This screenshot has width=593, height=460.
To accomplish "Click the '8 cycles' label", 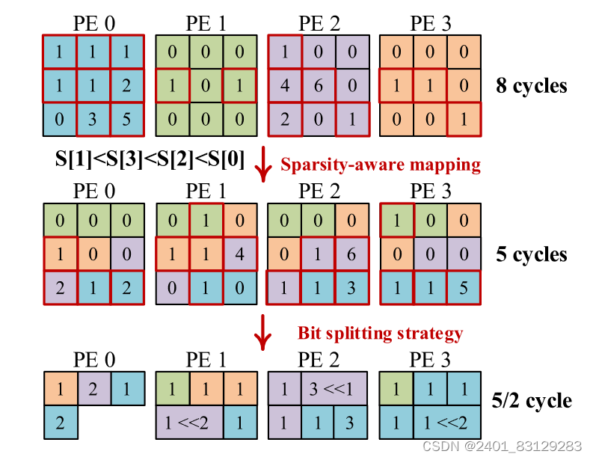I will tap(532, 85).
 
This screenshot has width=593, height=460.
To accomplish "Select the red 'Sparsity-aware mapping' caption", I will tap(381, 165).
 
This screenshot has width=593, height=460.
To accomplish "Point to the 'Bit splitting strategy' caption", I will tap(380, 333).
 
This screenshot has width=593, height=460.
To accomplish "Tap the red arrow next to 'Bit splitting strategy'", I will tap(262, 333).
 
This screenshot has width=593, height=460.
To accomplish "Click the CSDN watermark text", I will tap(502, 447).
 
